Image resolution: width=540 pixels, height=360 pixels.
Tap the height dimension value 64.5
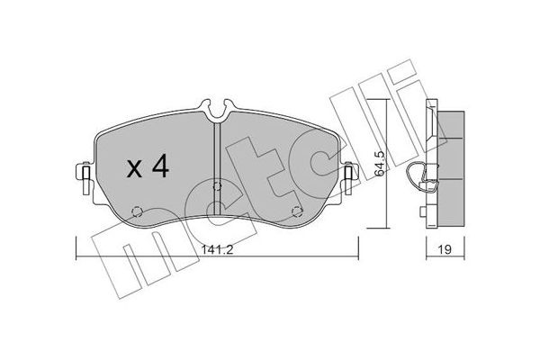coord(380,166)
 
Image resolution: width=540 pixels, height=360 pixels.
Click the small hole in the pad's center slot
coord(216,187)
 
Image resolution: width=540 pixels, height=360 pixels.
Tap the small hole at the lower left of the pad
coord(136,212)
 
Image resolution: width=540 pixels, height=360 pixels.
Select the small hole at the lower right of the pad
coord(297,212)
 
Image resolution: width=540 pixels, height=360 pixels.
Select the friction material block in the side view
coord(450,166)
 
